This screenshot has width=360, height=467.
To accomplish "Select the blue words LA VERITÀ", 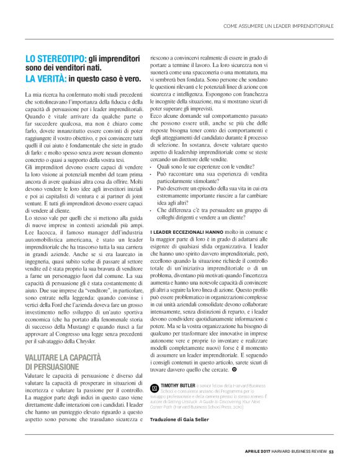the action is coord(45,79).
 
